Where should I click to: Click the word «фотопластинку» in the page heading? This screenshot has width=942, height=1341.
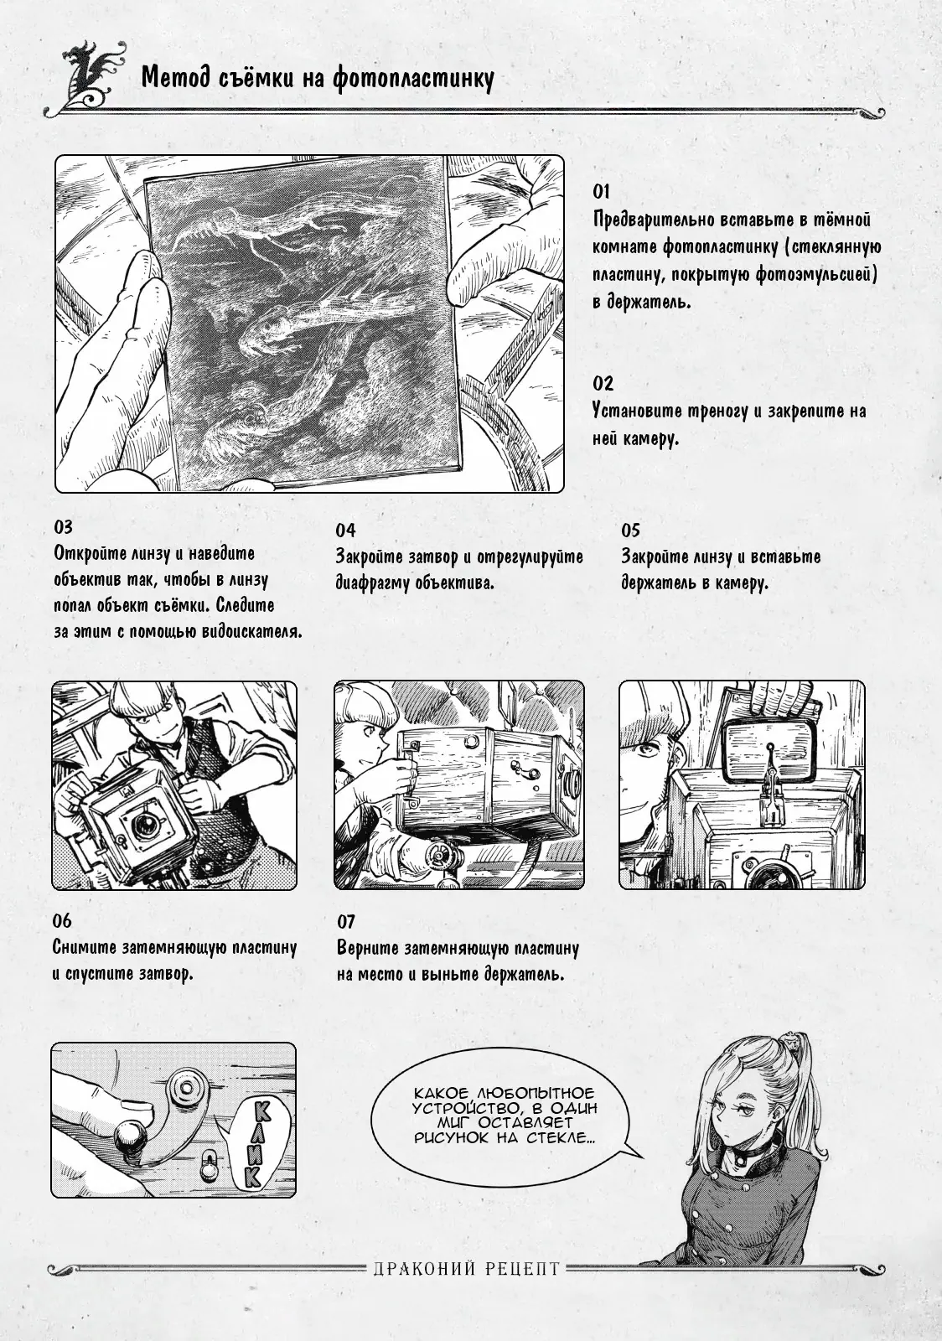(x=413, y=79)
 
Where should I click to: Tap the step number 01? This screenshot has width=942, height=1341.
(x=602, y=192)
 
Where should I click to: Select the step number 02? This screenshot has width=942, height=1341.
(x=603, y=383)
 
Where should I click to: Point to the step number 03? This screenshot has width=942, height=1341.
(x=63, y=527)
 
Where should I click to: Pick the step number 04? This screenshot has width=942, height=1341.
(x=345, y=531)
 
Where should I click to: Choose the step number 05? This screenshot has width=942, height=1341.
(x=631, y=531)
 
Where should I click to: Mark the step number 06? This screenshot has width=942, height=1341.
(x=62, y=921)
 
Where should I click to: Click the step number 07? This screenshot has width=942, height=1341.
(x=346, y=922)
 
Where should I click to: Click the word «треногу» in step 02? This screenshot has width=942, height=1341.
(x=724, y=412)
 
